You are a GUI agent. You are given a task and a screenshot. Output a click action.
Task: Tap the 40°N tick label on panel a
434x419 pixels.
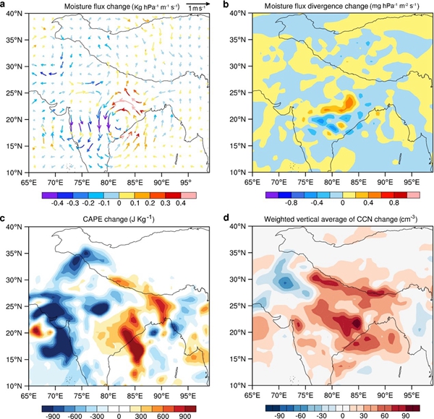point(16,14)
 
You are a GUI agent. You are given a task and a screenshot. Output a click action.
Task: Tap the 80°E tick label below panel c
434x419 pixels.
point(109,394)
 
